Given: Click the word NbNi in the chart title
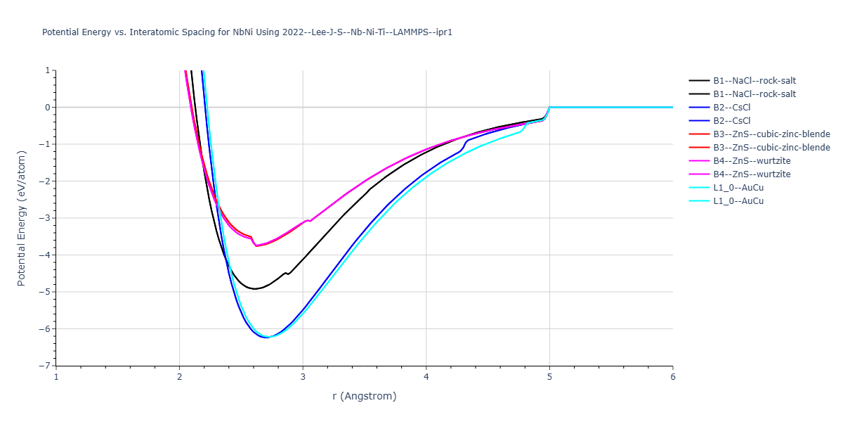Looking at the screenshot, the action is (x=243, y=32).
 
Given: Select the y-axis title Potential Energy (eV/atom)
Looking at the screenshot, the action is (x=22, y=218).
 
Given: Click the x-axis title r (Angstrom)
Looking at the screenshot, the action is (x=365, y=396).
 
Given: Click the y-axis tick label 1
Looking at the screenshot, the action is (x=48, y=70).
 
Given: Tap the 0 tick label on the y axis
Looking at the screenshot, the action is (x=48, y=108).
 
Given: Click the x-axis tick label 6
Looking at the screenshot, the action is (x=673, y=377).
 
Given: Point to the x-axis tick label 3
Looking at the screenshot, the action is (x=303, y=377).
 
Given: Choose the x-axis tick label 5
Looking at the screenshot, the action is (x=549, y=377).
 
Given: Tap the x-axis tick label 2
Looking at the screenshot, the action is (x=180, y=377).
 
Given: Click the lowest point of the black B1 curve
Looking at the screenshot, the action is (x=255, y=288).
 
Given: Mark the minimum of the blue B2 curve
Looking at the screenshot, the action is (x=266, y=337).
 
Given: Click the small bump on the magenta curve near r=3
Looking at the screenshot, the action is (x=308, y=220).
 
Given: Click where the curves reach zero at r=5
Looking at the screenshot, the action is (x=549, y=108).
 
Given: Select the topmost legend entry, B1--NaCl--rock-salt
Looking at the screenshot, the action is (x=743, y=81).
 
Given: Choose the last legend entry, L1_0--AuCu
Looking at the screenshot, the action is (x=726, y=201).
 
